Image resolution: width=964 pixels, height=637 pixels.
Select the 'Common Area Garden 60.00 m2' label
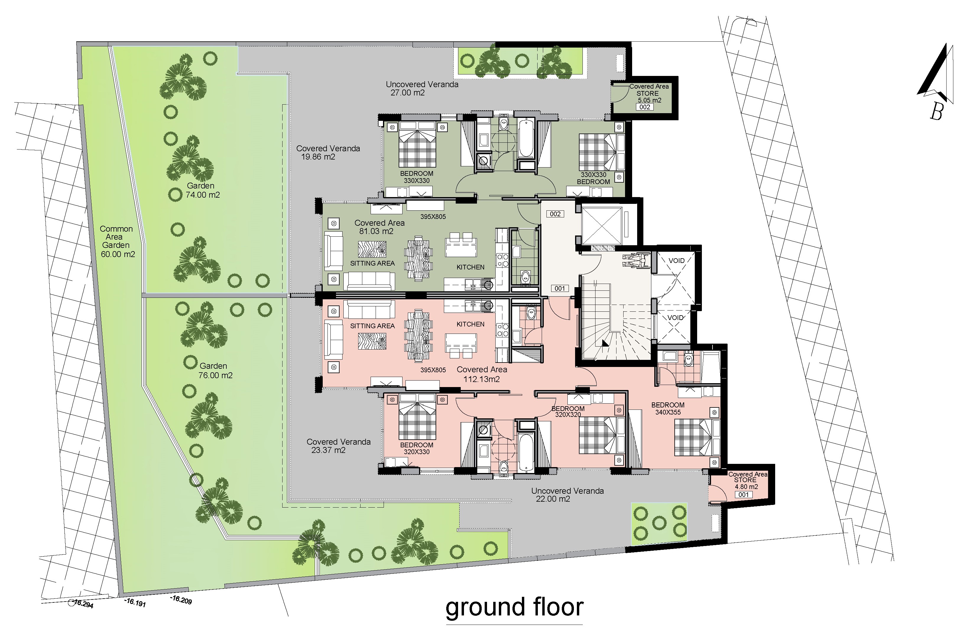[117, 241]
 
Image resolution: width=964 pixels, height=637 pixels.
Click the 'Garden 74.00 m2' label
[202, 190]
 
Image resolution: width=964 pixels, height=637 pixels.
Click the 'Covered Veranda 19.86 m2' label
[327, 152]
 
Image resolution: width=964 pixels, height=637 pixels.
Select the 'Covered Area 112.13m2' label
[481, 374]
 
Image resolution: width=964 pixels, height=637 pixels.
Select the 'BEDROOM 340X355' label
[668, 408]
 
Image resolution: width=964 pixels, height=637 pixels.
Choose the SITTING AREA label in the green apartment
[372, 263]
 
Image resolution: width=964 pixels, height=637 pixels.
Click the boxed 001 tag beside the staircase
[560, 288]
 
